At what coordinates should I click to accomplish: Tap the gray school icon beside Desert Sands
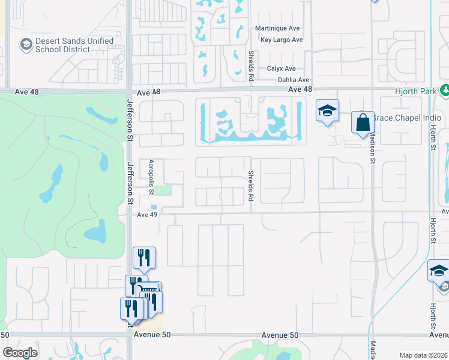(26, 44)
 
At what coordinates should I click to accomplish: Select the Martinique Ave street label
(278, 29)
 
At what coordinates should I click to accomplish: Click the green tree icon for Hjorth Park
(445, 91)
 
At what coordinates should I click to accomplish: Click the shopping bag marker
(363, 122)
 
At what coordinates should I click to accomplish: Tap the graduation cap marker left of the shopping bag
(327, 110)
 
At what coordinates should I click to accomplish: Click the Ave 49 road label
(147, 215)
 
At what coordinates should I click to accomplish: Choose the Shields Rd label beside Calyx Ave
(252, 65)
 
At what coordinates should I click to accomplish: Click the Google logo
(20, 353)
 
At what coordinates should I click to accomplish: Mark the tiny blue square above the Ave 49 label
(154, 207)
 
